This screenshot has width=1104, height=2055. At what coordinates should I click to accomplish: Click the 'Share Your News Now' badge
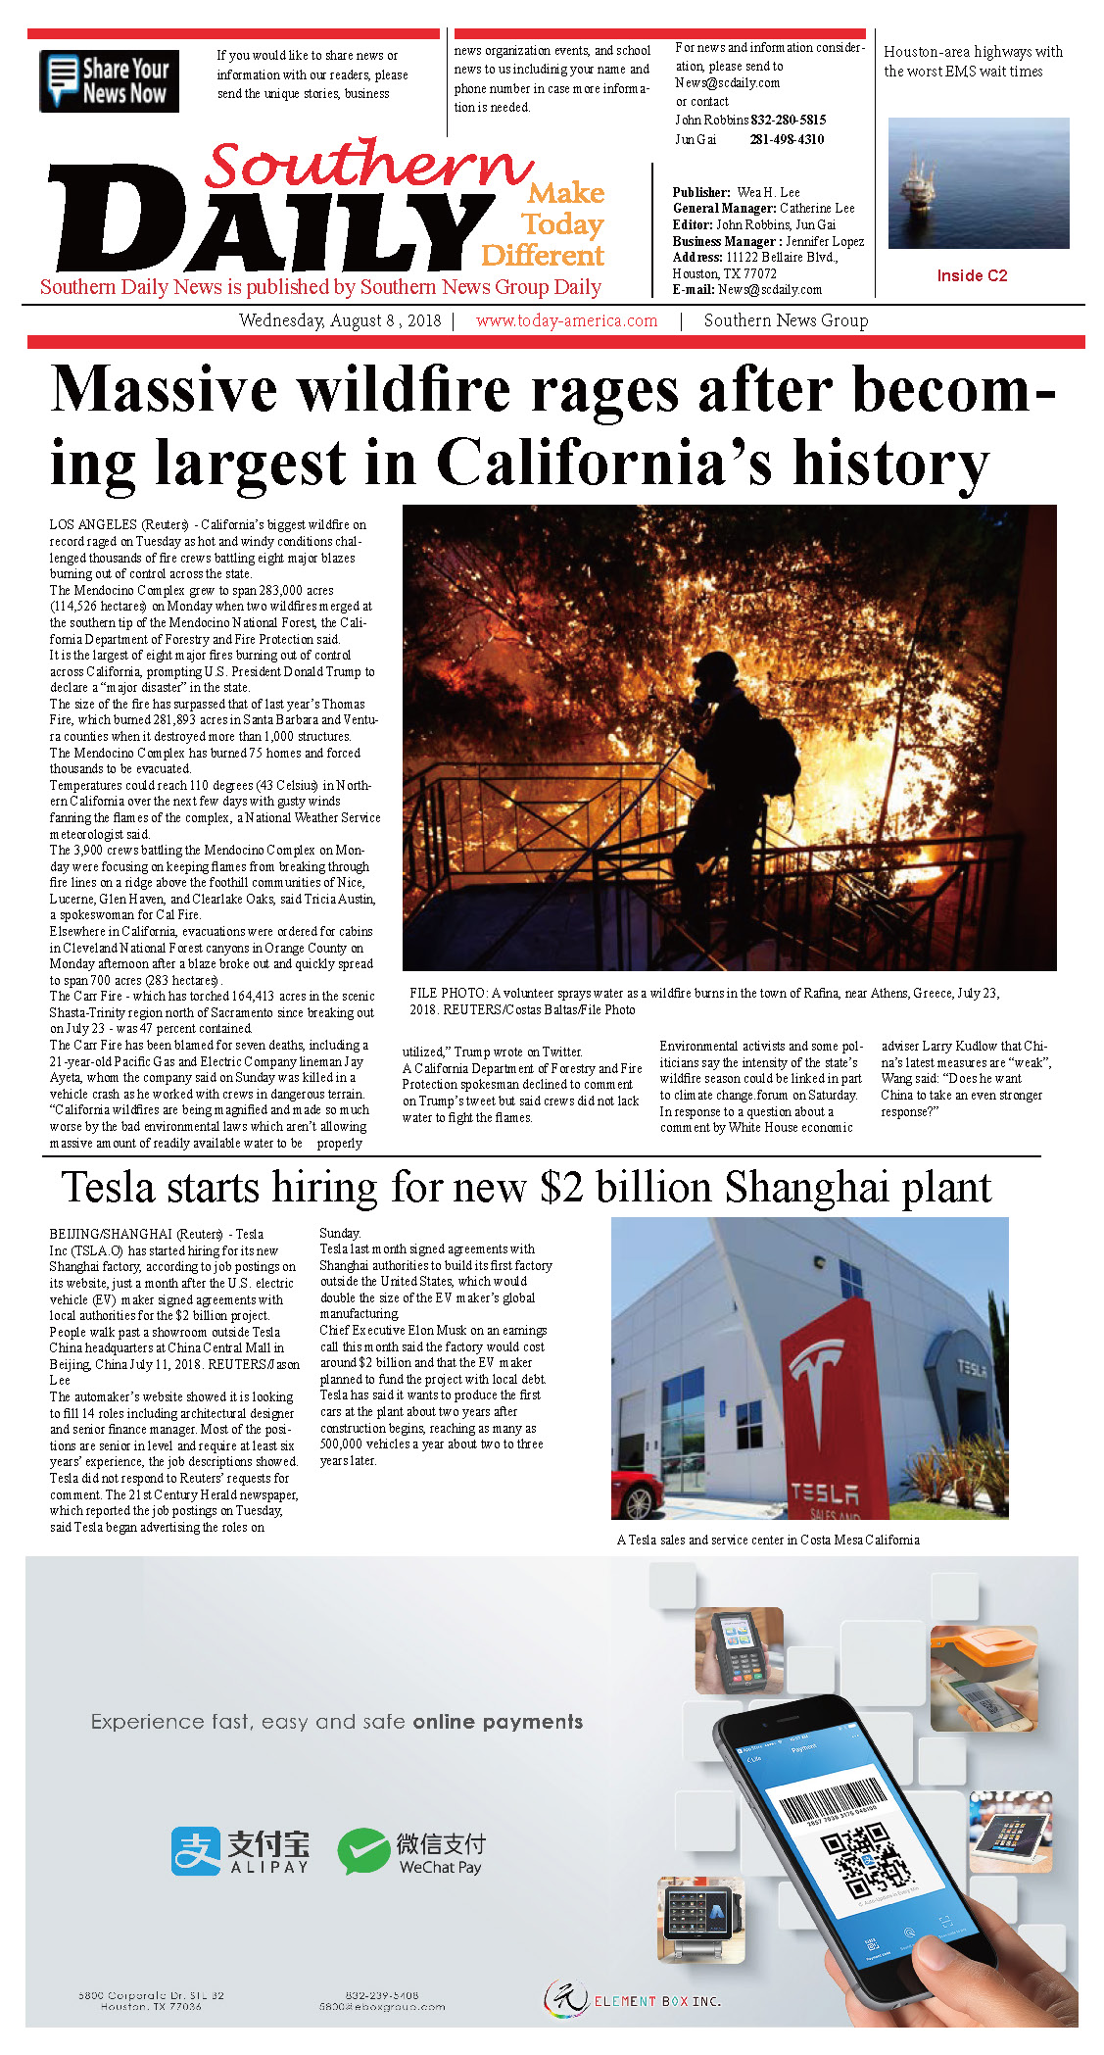pos(109,81)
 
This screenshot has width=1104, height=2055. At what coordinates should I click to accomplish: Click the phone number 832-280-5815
pos(788,120)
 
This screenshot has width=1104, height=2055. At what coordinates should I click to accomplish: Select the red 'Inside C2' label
pos(971,275)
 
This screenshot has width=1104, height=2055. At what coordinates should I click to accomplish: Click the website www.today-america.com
pos(566,320)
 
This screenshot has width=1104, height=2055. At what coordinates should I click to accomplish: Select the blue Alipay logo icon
pos(195,1851)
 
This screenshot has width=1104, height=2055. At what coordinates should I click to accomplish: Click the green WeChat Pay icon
pos(362,1851)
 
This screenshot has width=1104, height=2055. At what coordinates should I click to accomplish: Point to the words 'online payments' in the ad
pos(497,1722)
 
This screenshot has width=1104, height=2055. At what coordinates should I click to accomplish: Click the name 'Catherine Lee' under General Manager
pos(817,208)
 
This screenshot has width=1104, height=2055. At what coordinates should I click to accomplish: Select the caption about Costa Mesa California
pos(768,1540)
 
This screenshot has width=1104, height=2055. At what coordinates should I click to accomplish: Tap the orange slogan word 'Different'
pos(543,255)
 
